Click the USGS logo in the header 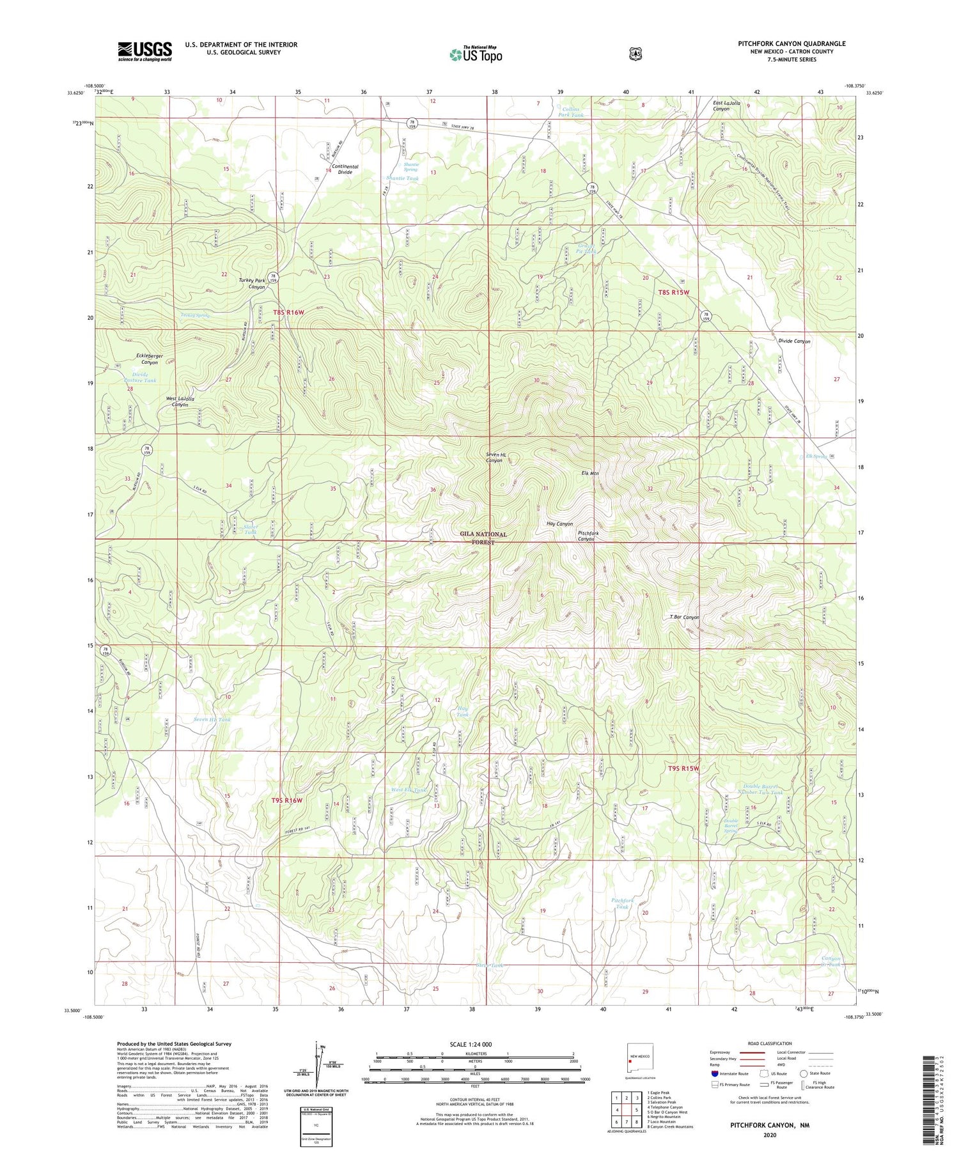(x=144, y=51)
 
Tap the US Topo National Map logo (x=476, y=54)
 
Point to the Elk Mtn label (x=589, y=473)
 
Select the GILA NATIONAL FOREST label (x=483, y=538)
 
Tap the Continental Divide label (x=345, y=169)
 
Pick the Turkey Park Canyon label (x=252, y=284)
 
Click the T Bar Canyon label (x=684, y=617)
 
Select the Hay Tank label (x=463, y=711)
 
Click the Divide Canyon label (x=794, y=341)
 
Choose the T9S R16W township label (x=286, y=800)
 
